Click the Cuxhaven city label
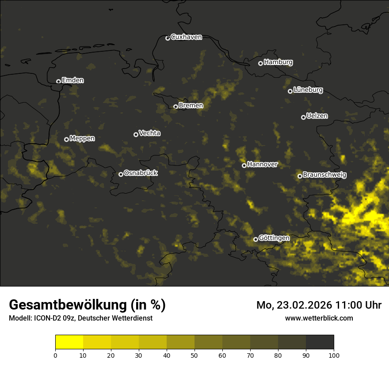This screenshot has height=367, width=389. pyautogui.click(x=186, y=37)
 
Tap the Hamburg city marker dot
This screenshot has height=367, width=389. pyautogui.click(x=261, y=63)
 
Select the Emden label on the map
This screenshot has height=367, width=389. pyautogui.click(x=72, y=80)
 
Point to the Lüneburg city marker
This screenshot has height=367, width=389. pyautogui.click(x=290, y=91)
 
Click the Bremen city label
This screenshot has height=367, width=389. pyautogui.click(x=191, y=106)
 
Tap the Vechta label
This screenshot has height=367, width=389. pyautogui.click(x=149, y=133)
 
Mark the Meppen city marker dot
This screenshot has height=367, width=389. pyautogui.click(x=67, y=139)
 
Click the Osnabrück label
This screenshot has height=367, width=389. pyautogui.click(x=141, y=173)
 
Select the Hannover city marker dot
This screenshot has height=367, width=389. pyautogui.click(x=244, y=165)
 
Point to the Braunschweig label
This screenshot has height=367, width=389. pyautogui.click(x=324, y=175)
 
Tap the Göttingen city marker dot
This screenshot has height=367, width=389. pyautogui.click(x=256, y=239)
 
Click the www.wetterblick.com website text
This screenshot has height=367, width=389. pyautogui.click(x=319, y=318)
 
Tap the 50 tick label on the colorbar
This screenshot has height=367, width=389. pyautogui.click(x=194, y=355)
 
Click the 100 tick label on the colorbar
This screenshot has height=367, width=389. pyautogui.click(x=334, y=355)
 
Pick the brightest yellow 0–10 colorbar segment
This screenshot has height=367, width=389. pyautogui.click(x=69, y=342)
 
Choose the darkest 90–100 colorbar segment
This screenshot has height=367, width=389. pyautogui.click(x=320, y=342)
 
